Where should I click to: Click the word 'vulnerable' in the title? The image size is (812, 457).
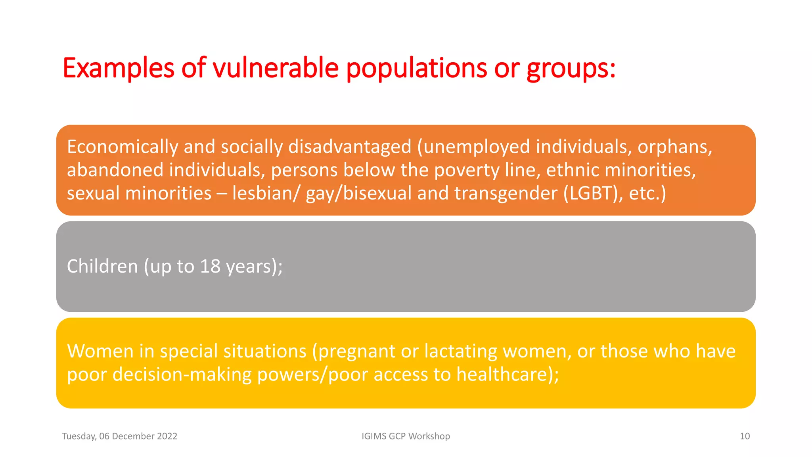pos(276,68)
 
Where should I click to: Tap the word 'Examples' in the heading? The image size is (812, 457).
pos(118,68)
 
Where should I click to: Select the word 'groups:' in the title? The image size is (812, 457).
pos(571,68)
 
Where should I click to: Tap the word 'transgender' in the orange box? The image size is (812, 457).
pos(506,194)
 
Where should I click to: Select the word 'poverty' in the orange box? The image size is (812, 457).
pos(467,171)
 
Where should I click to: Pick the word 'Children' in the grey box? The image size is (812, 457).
pos(102,266)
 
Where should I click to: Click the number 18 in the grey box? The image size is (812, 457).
pos(210,266)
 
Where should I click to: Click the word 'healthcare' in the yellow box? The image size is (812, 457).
pos(505,374)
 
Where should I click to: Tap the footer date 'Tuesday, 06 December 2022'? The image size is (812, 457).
pos(119,436)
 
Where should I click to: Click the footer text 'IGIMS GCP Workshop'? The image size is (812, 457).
pos(406,436)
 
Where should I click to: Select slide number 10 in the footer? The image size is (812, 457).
pos(745,436)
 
